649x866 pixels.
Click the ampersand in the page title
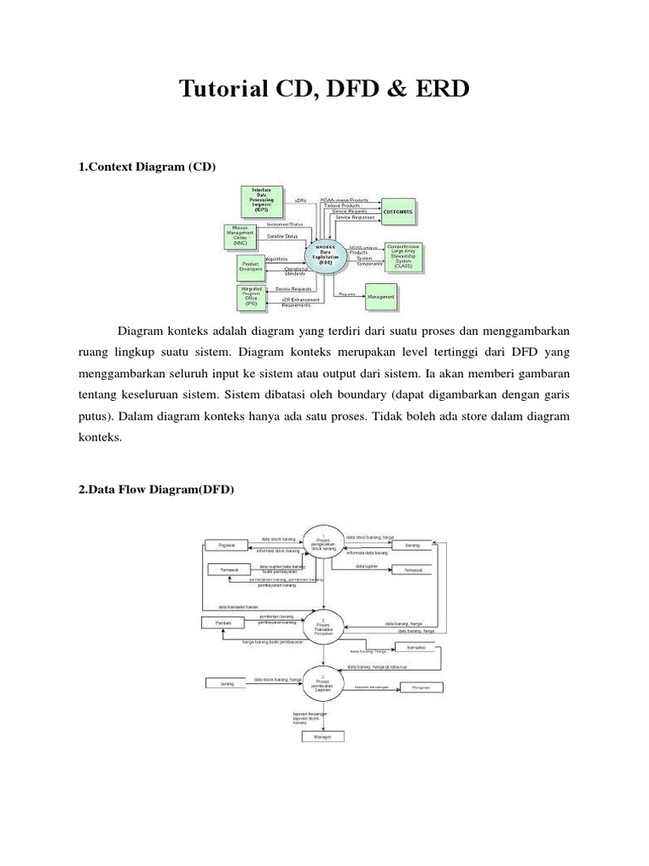(x=399, y=89)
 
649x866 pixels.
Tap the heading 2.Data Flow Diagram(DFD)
(x=155, y=490)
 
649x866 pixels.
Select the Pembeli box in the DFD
(x=224, y=623)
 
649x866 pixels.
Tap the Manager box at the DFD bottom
(x=324, y=737)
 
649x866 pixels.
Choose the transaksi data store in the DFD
(x=415, y=648)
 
